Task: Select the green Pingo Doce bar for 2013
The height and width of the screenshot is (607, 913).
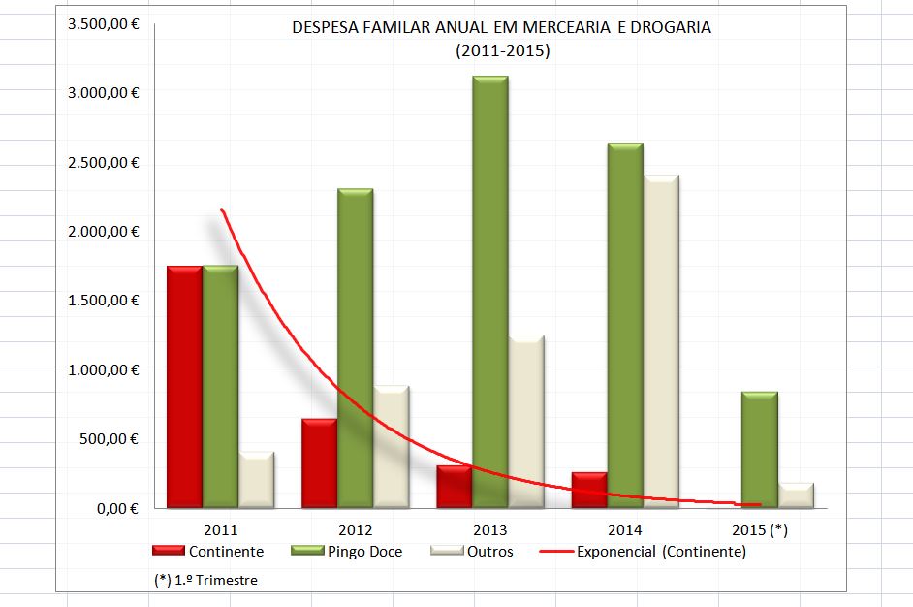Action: pyautogui.click(x=490, y=291)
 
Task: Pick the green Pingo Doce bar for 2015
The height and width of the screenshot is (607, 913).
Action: pyautogui.click(x=759, y=450)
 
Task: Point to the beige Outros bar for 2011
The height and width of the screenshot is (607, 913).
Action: pyautogui.click(x=256, y=479)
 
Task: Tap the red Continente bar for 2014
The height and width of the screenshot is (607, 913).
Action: pyautogui.click(x=589, y=490)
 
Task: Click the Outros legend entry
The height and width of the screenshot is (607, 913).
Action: pyautogui.click(x=489, y=552)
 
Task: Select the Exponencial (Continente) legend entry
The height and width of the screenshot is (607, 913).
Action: pyautogui.click(x=660, y=552)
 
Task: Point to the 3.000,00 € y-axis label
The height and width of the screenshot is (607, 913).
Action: pyautogui.click(x=104, y=93)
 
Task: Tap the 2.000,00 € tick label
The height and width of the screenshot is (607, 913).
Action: pyautogui.click(x=104, y=232)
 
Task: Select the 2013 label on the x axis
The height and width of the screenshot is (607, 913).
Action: pyautogui.click(x=490, y=530)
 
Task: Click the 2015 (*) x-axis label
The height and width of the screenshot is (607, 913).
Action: pyautogui.click(x=760, y=530)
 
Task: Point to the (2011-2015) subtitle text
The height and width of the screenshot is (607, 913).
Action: pyautogui.click(x=501, y=51)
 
